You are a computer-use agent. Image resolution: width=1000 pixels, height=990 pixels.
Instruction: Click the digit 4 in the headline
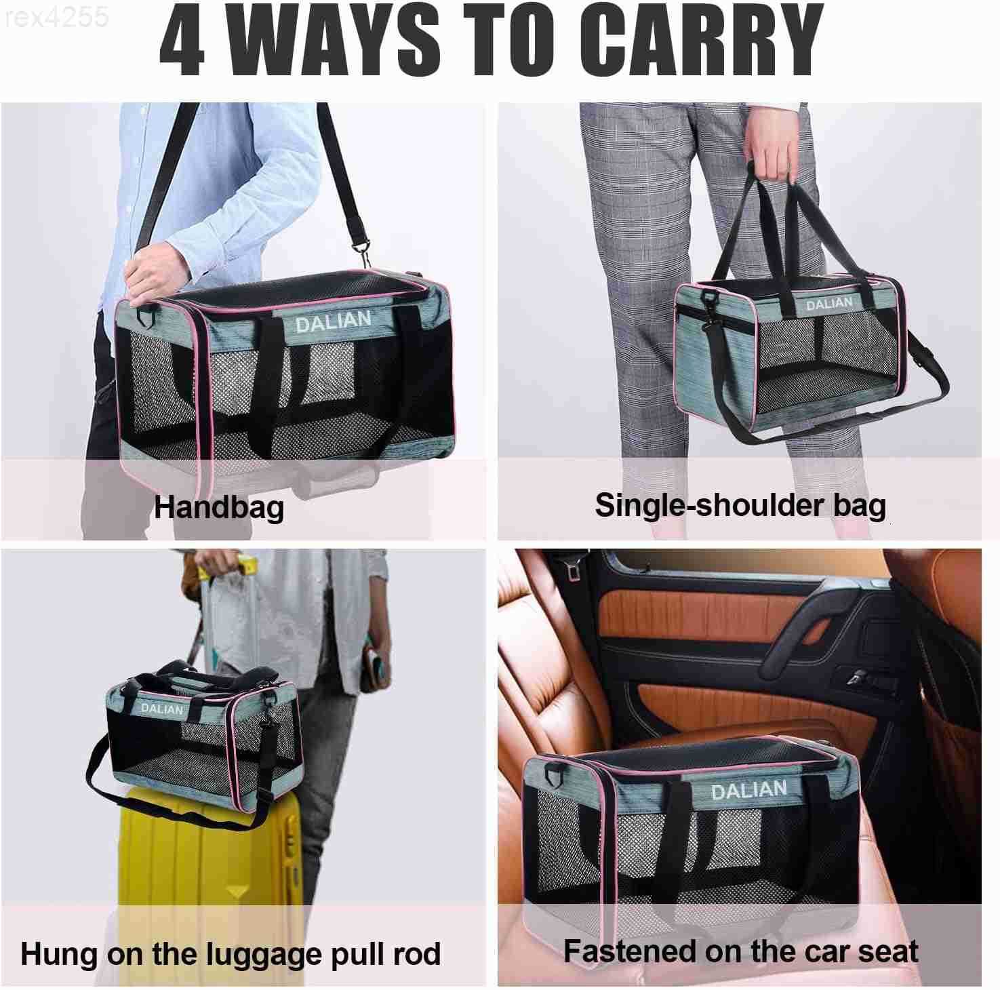[182, 41]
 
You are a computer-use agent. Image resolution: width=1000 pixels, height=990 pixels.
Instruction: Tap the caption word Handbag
[218, 508]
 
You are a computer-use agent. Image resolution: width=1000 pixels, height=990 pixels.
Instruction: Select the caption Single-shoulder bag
[740, 506]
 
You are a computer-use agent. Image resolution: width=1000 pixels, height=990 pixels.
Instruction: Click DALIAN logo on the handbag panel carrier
[333, 321]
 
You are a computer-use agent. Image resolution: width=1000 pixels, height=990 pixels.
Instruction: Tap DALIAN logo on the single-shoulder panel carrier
[829, 304]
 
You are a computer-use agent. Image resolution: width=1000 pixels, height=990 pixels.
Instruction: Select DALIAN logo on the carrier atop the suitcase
[162, 709]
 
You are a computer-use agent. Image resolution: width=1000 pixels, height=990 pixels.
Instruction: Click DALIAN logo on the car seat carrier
[748, 790]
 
